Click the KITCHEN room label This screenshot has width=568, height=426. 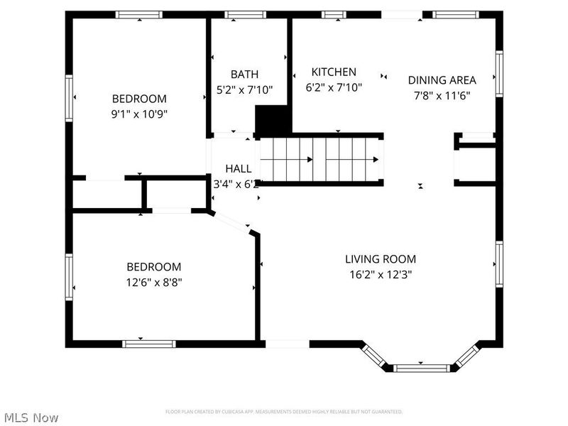334,72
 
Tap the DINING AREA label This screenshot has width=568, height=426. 442,80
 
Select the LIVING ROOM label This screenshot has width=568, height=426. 381,259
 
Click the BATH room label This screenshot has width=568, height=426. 244,75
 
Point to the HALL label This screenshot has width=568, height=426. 238,169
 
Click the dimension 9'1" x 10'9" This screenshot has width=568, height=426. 139,114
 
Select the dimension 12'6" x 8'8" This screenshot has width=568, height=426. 153,282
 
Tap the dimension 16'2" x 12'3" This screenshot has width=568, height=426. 381,274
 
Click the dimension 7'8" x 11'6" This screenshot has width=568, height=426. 442,95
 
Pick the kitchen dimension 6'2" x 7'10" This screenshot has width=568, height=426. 334,87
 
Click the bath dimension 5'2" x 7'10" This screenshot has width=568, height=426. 244,89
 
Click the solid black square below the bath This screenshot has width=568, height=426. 273,120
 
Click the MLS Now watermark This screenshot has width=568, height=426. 31,417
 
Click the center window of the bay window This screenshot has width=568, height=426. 422,367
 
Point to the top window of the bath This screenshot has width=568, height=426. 245,14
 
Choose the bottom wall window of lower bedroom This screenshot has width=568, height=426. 149,344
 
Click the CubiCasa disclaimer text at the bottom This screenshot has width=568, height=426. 284,412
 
